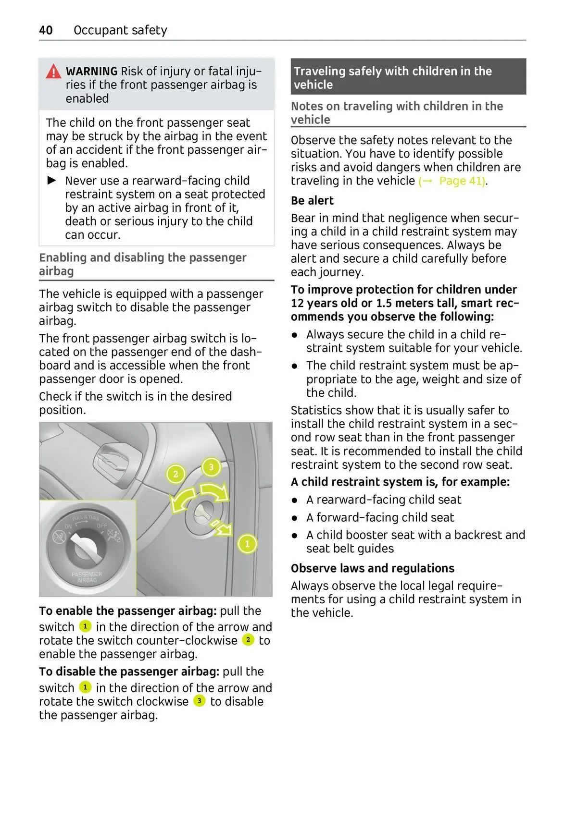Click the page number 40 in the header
click(x=46, y=30)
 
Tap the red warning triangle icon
click(x=53, y=72)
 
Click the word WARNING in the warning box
click(x=91, y=72)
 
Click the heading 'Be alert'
click(x=312, y=201)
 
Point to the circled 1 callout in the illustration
click(x=248, y=544)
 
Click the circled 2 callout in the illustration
click(x=176, y=474)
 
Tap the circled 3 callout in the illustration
click(x=211, y=466)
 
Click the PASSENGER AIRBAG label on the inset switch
click(x=87, y=577)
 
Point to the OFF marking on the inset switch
click(x=102, y=525)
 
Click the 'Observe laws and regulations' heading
click(x=372, y=568)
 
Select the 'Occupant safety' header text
click(x=120, y=30)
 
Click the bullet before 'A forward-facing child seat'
click(x=295, y=518)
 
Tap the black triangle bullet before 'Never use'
click(x=51, y=181)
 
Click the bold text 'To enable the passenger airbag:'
click(x=128, y=611)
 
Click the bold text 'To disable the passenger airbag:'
click(x=129, y=671)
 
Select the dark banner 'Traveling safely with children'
click(x=408, y=77)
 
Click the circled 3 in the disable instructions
click(x=199, y=701)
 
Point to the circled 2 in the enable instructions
click(x=248, y=640)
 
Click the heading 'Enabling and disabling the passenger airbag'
click(x=142, y=264)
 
